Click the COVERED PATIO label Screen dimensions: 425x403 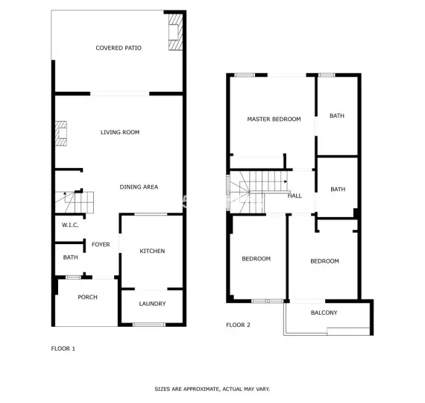click(x=119, y=48)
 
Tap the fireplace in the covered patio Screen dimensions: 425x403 click(x=175, y=32)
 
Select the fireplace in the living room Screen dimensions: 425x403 click(x=61, y=134)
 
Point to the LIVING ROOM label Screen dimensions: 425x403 click(x=120, y=132)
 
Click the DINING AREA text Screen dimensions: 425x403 click(x=139, y=187)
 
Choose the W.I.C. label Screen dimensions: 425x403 click(x=70, y=225)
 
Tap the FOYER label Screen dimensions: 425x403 click(x=101, y=245)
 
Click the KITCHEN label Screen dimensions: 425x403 click(x=152, y=251)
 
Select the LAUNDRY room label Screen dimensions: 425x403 click(x=152, y=304)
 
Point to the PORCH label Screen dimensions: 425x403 click(x=87, y=297)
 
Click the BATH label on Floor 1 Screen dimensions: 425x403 click(x=71, y=257)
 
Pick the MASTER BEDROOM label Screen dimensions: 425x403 click(x=274, y=119)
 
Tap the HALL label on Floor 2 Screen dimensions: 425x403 click(x=295, y=196)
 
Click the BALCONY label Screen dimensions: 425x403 click(x=324, y=313)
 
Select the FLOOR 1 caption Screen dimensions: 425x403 click(x=63, y=349)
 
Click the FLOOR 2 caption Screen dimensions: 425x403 click(x=239, y=325)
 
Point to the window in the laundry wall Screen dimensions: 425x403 click(x=149, y=325)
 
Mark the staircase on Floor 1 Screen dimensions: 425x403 click(x=75, y=202)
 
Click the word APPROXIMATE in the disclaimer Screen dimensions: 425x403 click(x=201, y=389)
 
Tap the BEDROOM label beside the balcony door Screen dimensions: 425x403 click(x=324, y=261)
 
